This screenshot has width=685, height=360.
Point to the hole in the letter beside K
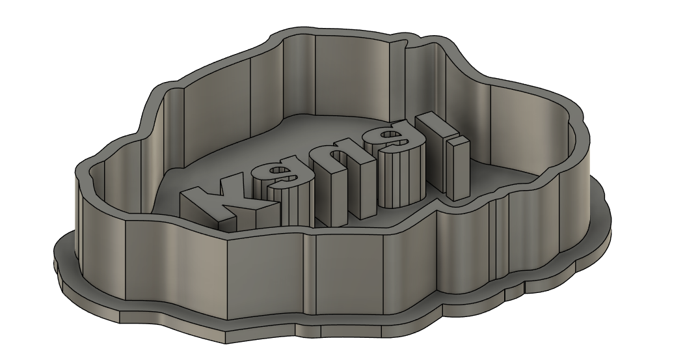point(278,173)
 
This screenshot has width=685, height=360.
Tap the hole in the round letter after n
point(391,135)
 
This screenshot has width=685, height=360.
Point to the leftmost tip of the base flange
point(53,260)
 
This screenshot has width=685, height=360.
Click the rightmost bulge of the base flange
point(610,208)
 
